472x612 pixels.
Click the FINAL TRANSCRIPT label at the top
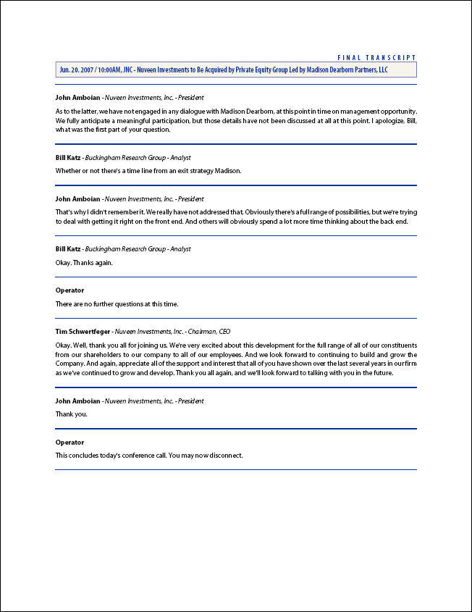(x=376, y=57)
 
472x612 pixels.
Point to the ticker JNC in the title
(x=140, y=70)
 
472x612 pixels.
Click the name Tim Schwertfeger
(x=83, y=331)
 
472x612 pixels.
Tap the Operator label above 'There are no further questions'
(x=69, y=290)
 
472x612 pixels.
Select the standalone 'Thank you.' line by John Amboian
(x=71, y=414)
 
